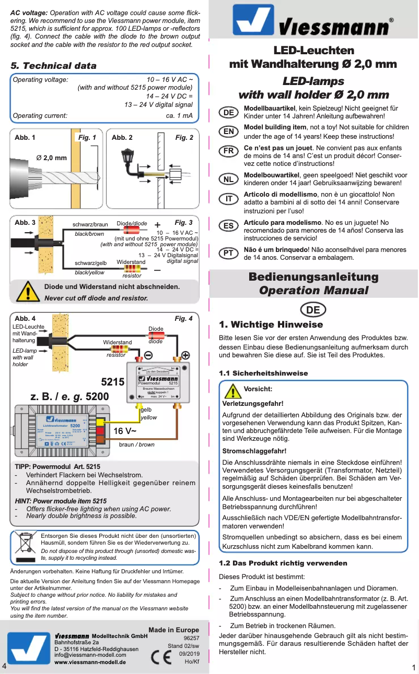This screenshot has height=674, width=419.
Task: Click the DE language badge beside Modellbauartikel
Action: point(229,113)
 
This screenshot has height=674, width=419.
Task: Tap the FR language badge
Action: point(229,151)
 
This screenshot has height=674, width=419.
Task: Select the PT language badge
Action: point(229,253)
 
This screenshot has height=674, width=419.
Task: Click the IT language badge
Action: point(229,199)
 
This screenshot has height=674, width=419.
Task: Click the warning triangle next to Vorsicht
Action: point(231,391)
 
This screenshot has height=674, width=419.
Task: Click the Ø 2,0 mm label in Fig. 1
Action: point(51,158)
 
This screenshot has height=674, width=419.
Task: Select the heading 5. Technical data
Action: point(54,66)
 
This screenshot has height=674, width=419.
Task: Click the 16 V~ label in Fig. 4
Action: point(125,431)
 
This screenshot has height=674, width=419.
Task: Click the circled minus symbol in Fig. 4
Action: point(148,355)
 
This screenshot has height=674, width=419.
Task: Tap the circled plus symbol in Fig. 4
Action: point(185,355)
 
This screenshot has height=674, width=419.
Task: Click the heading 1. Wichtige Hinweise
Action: point(271,324)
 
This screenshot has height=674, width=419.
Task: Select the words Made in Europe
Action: point(173,630)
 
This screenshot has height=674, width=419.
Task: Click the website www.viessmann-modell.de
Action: point(90,662)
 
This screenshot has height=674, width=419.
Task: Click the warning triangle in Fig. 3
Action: point(26,293)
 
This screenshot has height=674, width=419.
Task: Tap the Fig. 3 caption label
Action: point(183,223)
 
